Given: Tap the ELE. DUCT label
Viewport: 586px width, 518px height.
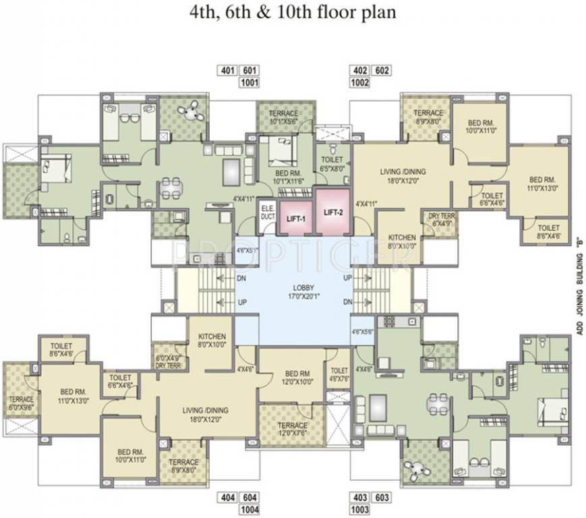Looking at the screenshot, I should [x=267, y=213].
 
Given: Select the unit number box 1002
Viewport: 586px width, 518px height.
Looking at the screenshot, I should [x=359, y=83].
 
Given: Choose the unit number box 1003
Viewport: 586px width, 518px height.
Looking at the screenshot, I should [x=359, y=510].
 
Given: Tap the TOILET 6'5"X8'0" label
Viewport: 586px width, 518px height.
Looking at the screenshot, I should [x=333, y=165].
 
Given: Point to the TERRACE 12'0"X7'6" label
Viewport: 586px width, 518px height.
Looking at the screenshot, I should [x=293, y=430].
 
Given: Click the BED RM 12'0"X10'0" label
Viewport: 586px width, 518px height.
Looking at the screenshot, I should [x=297, y=378].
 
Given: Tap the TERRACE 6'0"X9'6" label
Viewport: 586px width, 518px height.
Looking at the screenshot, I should [x=22, y=403].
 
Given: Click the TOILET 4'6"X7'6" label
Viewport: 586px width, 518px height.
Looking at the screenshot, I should [x=339, y=374].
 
